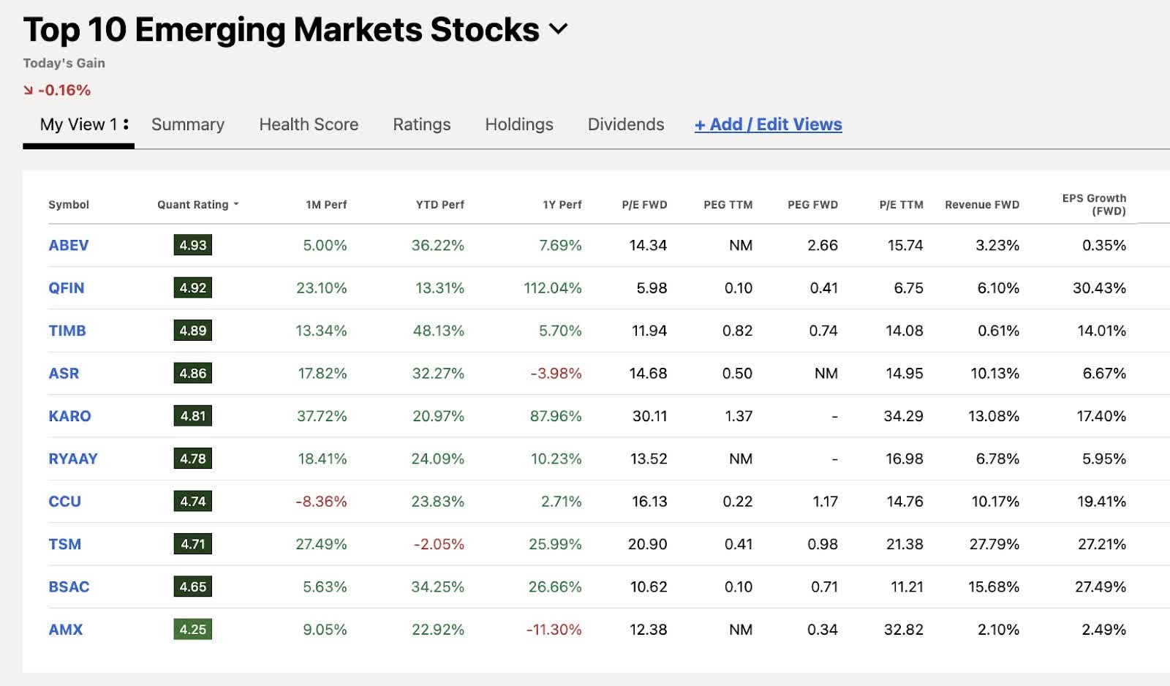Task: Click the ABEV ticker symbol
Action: [x=68, y=245]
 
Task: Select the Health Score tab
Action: [x=309, y=124]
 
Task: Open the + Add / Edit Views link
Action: [x=768, y=124]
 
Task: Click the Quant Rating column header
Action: [x=193, y=205]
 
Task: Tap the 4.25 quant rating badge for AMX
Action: [x=193, y=629]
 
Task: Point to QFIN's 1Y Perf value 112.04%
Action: [x=552, y=287]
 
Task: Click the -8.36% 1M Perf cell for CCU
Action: [x=321, y=501]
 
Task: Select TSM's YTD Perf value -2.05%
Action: [x=439, y=544]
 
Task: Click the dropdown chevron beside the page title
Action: [x=558, y=29]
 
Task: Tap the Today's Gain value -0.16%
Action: [x=64, y=90]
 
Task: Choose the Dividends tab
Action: [x=626, y=124]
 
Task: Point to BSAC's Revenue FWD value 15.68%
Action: [x=993, y=587]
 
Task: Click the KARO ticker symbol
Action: [x=69, y=415]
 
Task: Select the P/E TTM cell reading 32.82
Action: [x=903, y=629]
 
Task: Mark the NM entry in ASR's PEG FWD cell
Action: [x=826, y=373]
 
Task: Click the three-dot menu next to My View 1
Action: [x=126, y=124]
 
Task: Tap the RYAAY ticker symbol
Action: [x=72, y=459]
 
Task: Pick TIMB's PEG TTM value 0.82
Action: [x=737, y=331]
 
